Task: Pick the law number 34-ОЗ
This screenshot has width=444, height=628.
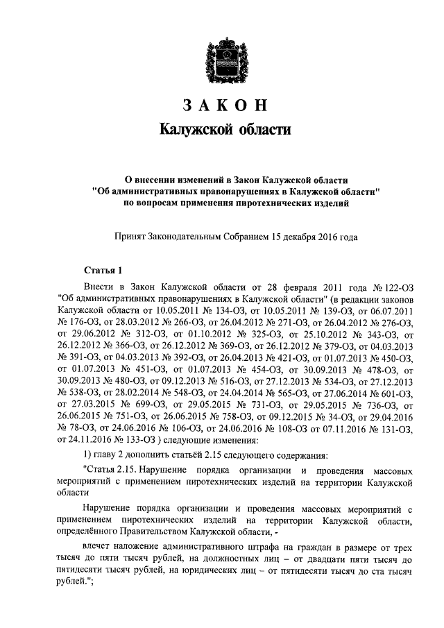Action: pyautogui.click(x=319, y=416)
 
